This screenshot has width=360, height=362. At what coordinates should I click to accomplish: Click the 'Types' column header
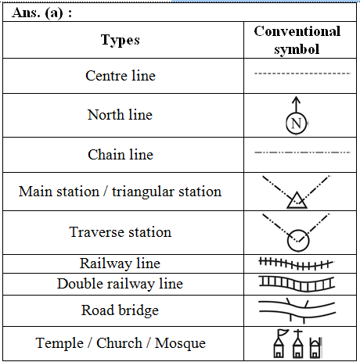tap(121, 40)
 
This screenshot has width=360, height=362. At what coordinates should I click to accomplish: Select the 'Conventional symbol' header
tap(297, 40)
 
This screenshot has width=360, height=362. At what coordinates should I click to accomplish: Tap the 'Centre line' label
tap(121, 76)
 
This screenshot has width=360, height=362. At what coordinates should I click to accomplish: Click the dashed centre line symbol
tap(302, 73)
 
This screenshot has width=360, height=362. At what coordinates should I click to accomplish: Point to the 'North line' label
tap(120, 115)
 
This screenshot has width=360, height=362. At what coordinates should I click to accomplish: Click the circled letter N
tap(296, 124)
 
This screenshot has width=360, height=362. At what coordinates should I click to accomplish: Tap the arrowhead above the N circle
tap(296, 99)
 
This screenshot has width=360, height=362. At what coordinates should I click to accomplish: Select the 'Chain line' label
tap(121, 155)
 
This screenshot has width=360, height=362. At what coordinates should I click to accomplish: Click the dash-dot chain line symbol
tap(302, 152)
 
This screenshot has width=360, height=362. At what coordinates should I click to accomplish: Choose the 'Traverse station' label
tap(121, 232)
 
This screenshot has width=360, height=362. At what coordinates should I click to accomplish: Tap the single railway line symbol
tap(296, 264)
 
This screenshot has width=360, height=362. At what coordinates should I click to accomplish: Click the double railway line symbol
tap(297, 284)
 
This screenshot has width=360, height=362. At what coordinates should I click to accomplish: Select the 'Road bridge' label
tap(120, 310)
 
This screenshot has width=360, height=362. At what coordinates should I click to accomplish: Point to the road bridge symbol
tap(297, 310)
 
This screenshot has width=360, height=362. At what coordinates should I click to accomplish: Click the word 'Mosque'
tap(180, 343)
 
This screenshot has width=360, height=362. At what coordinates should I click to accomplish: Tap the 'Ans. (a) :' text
tap(41, 13)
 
